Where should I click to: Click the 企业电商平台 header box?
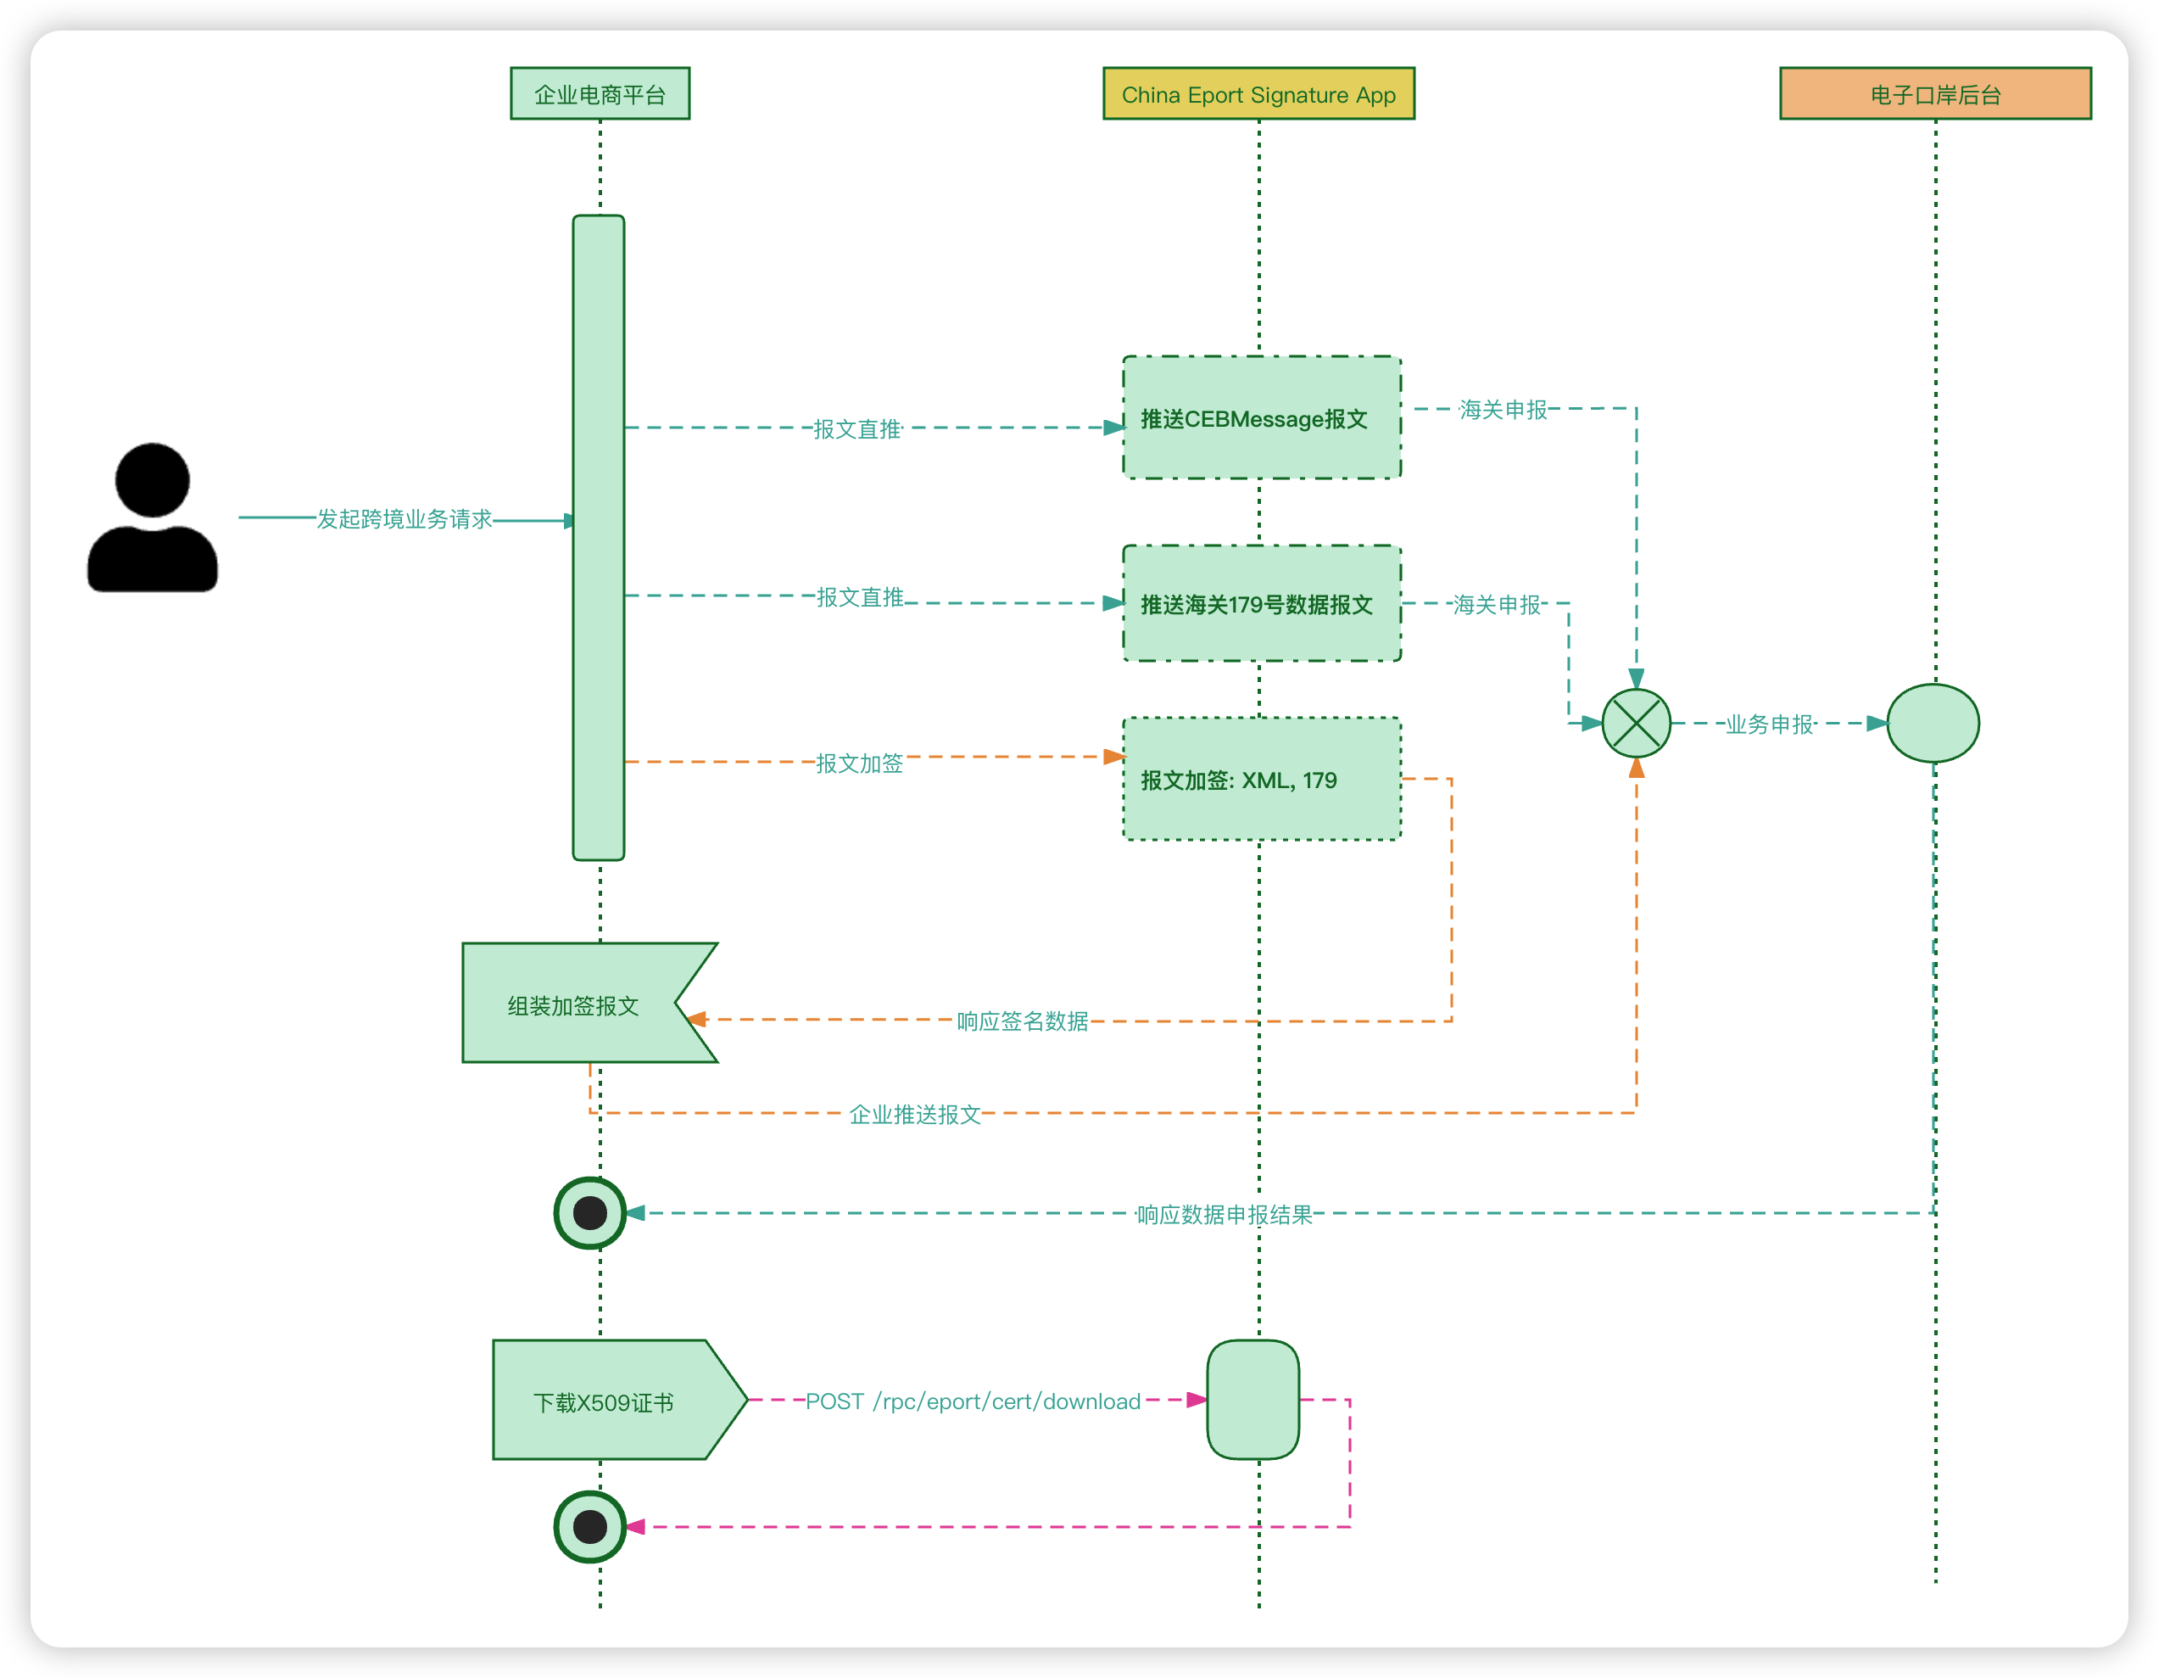pos(600,94)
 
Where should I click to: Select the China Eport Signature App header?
pos(1258,94)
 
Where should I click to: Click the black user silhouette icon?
pos(153,517)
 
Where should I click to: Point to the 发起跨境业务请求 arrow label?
pos(404,519)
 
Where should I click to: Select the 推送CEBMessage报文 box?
pos(1261,417)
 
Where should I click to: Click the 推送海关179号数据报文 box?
pos(1261,603)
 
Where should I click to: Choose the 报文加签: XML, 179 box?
pos(1261,779)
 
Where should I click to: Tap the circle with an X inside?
pos(1636,723)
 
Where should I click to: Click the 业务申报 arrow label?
pos(1770,724)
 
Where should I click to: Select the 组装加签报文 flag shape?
pos(589,1003)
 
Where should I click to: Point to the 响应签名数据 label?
pos(1022,1021)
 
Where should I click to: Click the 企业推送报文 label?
pos(914,1116)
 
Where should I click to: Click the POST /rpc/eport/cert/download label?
pos(973,1402)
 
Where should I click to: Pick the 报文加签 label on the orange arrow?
pos(859,763)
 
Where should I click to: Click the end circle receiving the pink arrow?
pos(590,1527)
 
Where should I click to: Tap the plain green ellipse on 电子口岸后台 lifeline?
pos(1933,723)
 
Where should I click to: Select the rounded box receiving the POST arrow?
pos(1252,1399)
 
